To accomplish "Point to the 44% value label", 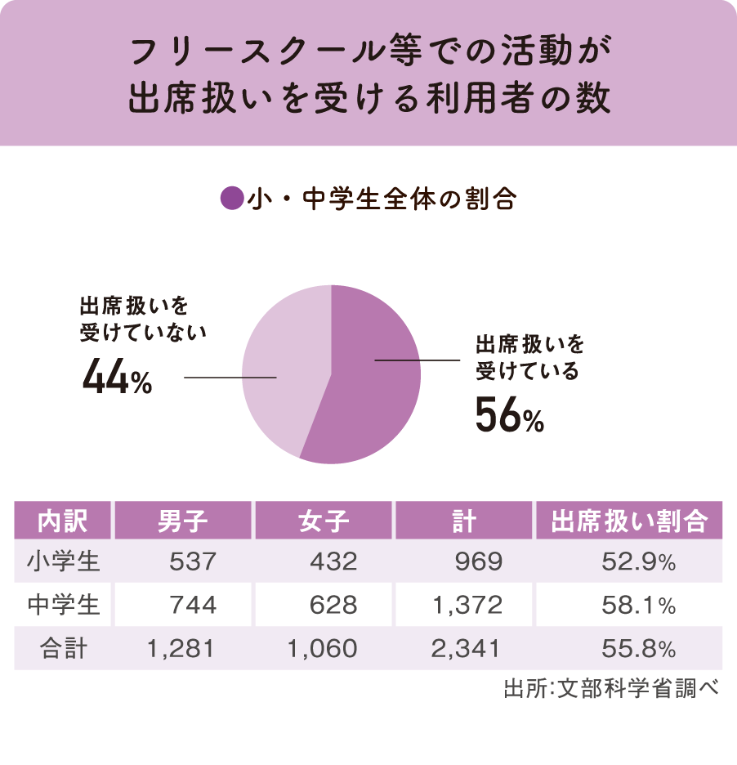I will pyautogui.click(x=118, y=379).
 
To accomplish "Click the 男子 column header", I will pyautogui.click(x=183, y=521).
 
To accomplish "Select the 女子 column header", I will pyautogui.click(x=324, y=521).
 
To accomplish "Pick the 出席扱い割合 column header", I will pyautogui.click(x=628, y=521).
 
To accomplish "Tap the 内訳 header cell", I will pyautogui.click(x=63, y=521).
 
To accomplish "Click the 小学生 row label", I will pyautogui.click(x=63, y=561).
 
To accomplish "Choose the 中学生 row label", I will pyautogui.click(x=63, y=605).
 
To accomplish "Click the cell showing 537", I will pyautogui.click(x=193, y=561).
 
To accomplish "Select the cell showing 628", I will pyautogui.click(x=333, y=605).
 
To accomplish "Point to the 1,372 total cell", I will pyautogui.click(x=467, y=605).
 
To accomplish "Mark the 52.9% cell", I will pyautogui.click(x=638, y=561).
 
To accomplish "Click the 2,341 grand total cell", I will pyautogui.click(x=467, y=649).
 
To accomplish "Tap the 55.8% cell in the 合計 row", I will pyautogui.click(x=638, y=649).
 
